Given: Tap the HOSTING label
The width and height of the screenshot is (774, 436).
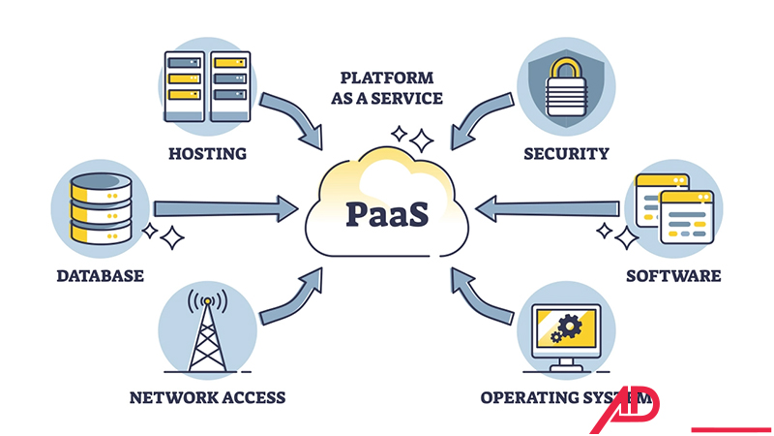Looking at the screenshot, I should (x=207, y=153).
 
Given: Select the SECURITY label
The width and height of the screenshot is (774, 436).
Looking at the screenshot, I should (x=566, y=153).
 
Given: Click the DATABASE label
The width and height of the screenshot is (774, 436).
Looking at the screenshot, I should (x=100, y=275).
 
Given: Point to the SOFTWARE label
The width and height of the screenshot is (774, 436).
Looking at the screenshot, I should (x=673, y=275).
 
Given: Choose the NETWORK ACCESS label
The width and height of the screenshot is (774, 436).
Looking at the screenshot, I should (x=207, y=397).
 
